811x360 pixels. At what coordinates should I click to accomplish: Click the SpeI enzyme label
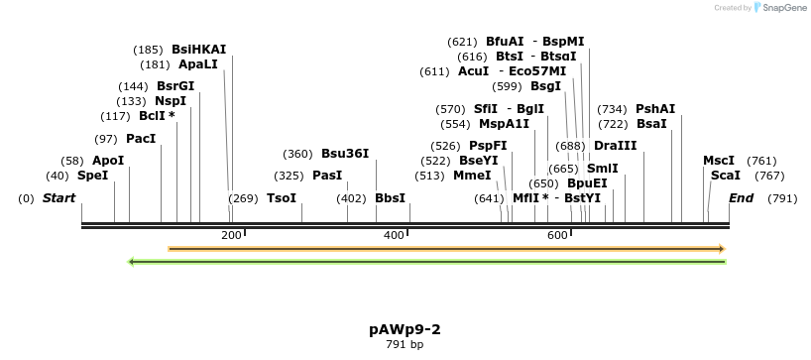92,176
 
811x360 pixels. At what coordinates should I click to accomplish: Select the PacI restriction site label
141,139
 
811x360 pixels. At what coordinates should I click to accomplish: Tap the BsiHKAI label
198,49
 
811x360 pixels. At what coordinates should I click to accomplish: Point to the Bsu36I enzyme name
345,154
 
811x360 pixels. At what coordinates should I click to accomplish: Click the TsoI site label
282,198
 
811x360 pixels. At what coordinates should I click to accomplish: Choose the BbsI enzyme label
390,198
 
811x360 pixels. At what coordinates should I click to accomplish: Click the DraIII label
615,146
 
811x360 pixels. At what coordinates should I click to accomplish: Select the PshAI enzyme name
655,109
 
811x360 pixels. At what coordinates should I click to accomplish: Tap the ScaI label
726,176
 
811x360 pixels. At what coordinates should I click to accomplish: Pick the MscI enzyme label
719,161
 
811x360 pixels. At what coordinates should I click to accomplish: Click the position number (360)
297,154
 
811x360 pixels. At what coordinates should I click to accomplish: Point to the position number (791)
782,198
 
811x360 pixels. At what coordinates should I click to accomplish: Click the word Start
58,198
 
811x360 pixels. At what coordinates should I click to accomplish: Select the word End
741,198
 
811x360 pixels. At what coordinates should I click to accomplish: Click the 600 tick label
557,235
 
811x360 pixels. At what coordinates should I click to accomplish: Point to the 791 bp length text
405,345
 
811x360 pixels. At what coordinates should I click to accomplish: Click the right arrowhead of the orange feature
723,248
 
